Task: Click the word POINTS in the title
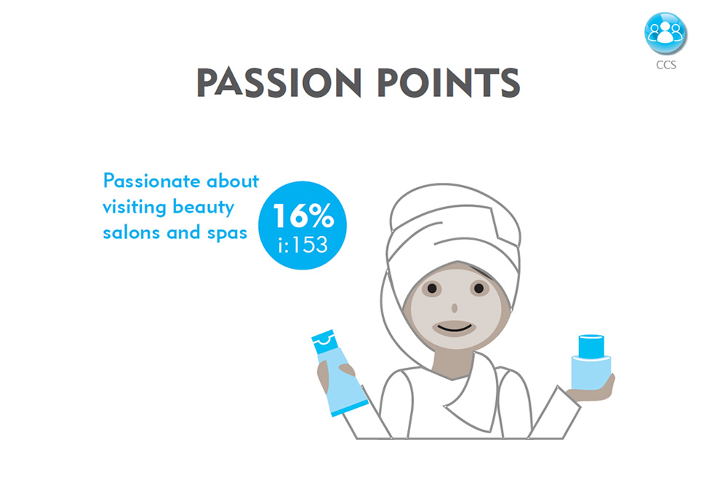(449, 83)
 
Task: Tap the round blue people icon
(665, 34)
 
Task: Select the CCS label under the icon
(665, 65)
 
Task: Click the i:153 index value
(303, 245)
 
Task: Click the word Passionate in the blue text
(151, 181)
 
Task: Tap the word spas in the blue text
(227, 234)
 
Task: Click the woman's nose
(455, 307)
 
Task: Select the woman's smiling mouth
(454, 328)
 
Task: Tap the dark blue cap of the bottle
(591, 347)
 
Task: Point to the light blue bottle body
(591, 373)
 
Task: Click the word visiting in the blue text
(134, 207)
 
